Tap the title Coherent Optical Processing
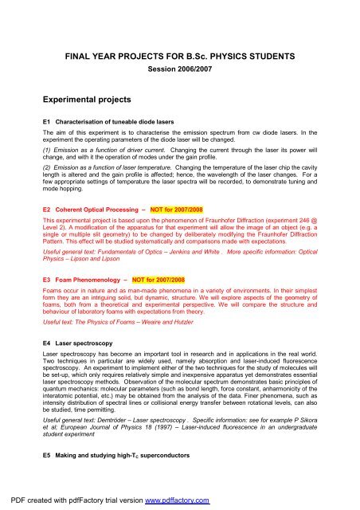click(99, 205)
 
